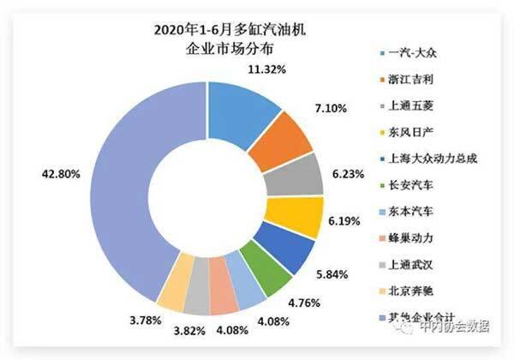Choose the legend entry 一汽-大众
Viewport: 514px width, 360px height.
(x=410, y=54)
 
